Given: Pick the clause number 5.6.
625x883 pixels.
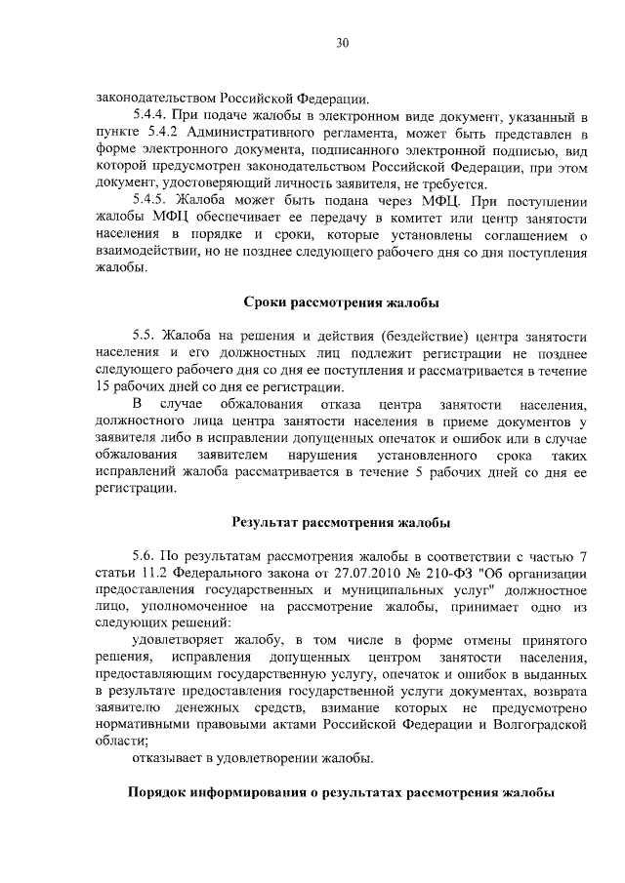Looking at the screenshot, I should [144, 557].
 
